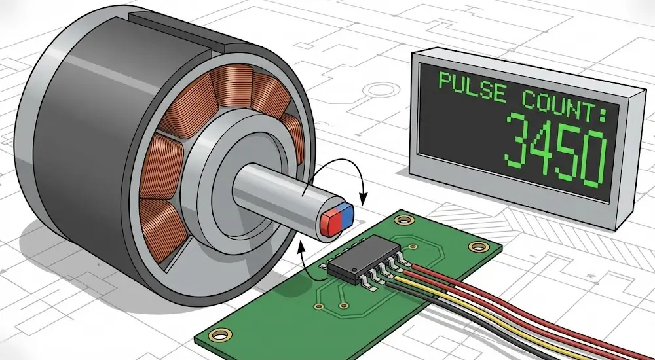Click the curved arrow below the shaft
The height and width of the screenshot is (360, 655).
[x=303, y=259]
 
